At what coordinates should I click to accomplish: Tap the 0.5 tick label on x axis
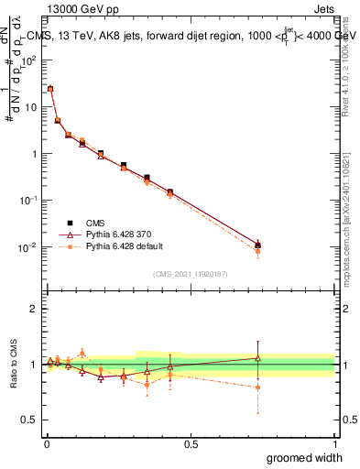point(191,442)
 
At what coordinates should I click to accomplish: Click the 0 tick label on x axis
point(47,442)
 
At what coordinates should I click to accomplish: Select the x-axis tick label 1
point(334,442)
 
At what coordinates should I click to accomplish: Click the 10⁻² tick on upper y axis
point(29,247)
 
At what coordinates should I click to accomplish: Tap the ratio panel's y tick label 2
point(34,309)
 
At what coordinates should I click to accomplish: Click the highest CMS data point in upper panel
point(50,89)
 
